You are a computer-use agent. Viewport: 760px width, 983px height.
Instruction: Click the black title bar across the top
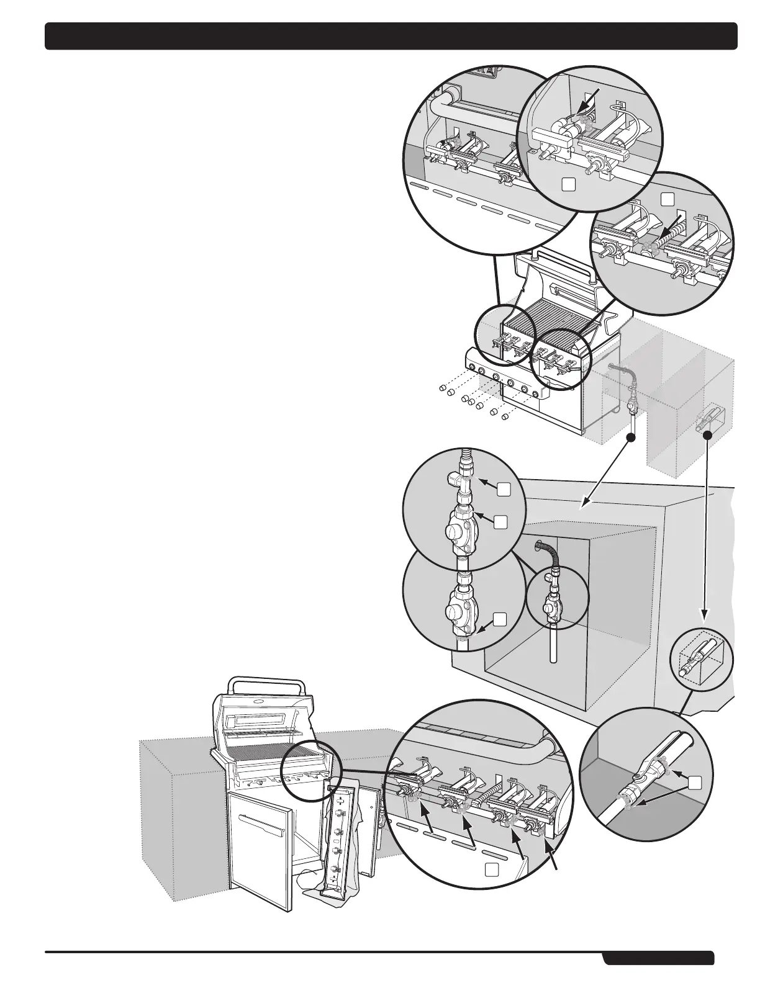[x=391, y=36]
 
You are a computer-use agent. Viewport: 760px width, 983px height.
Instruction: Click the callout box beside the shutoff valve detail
[x=697, y=783]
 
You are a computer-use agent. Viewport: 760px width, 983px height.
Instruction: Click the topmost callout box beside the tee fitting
[x=504, y=489]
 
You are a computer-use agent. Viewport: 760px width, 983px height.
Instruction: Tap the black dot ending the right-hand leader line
[x=707, y=436]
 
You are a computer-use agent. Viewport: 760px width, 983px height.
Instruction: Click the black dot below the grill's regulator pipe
[x=631, y=438]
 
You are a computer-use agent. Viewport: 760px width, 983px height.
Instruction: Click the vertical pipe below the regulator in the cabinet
[x=553, y=644]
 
